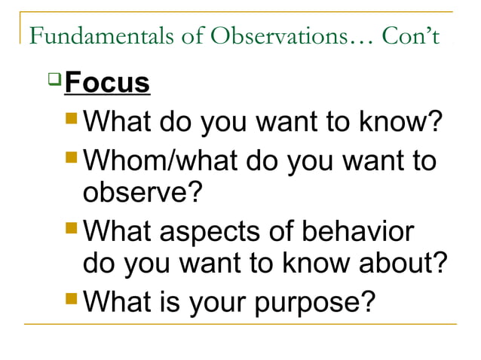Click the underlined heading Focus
click(107, 83)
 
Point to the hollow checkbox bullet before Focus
click(54, 78)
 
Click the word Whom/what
click(155, 161)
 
